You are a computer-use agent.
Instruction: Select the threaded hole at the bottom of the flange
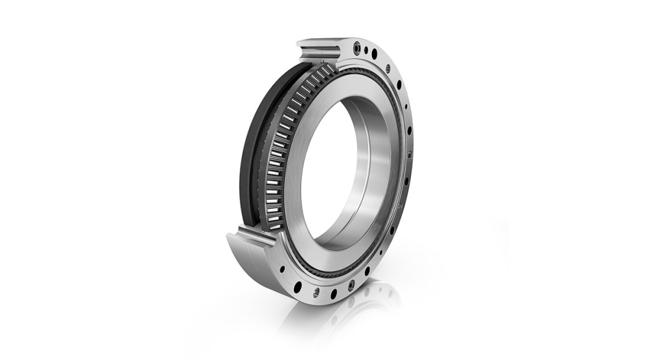click(x=316, y=293)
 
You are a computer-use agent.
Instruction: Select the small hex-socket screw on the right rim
click(x=410, y=155)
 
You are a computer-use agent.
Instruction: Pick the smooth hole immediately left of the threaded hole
click(x=298, y=286)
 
